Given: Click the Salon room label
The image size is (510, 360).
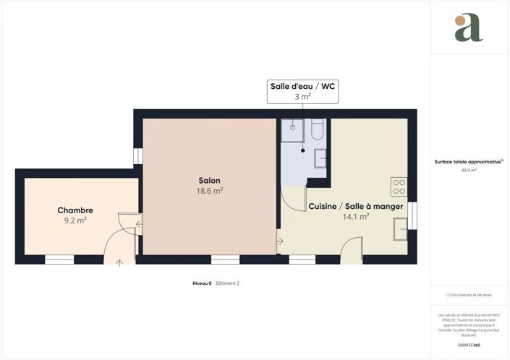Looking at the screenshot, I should coord(210,181).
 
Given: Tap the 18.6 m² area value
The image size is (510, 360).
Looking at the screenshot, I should coord(210,192).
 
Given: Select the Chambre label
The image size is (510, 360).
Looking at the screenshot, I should coord(75,210).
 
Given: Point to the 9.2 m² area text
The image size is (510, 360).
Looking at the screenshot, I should coord(75,220).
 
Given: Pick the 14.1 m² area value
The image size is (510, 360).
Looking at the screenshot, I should coord(356,216).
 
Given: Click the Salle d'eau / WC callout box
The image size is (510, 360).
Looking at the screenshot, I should coord(302,91).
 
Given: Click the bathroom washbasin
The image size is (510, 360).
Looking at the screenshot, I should coord(320,157).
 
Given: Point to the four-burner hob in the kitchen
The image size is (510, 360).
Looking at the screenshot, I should coord(398,187).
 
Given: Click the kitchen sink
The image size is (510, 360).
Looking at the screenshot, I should coord(399,228).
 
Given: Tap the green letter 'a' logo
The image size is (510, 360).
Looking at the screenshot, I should coord(468,27).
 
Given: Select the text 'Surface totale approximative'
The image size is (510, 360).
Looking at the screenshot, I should coord(468,162).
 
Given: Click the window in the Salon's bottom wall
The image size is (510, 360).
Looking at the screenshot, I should coord(225,260).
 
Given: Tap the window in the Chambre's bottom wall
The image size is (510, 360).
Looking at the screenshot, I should coord(59,260).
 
